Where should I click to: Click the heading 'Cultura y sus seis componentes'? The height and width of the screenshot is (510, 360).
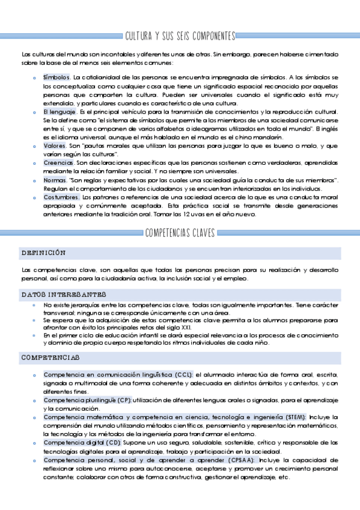click(180, 37)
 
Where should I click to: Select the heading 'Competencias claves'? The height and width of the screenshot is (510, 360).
click(180, 233)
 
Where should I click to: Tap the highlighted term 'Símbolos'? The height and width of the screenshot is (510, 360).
click(56, 78)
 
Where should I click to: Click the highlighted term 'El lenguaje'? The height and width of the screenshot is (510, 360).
click(59, 112)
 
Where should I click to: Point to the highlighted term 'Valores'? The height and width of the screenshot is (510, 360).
click(55, 146)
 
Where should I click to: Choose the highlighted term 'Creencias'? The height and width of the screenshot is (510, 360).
click(58, 163)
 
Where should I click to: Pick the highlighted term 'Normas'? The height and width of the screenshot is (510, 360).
click(55, 180)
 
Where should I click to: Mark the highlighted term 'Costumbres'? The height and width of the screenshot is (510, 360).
click(61, 197)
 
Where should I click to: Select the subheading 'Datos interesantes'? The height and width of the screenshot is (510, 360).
click(64, 295)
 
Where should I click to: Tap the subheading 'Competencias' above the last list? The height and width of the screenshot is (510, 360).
click(50, 358)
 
